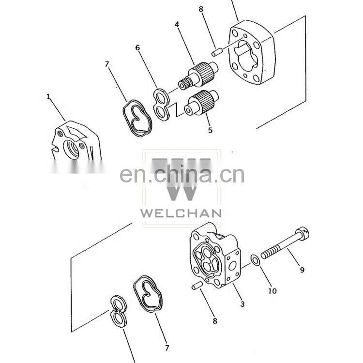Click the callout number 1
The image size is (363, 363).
click(48, 96)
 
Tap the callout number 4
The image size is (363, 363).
click(177, 24)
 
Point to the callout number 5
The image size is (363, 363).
click(210, 130)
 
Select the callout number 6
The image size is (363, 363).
click(138, 48)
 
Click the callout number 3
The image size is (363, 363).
click(242, 304)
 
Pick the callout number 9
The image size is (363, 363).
click(302, 270)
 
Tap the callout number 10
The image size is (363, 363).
click(272, 291)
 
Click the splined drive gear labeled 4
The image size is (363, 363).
click(198, 75)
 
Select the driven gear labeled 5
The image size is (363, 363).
click(202, 103)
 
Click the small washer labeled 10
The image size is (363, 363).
click(256, 260)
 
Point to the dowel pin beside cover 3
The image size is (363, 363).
click(197, 286)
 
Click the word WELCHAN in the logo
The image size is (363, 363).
click(181, 213)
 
